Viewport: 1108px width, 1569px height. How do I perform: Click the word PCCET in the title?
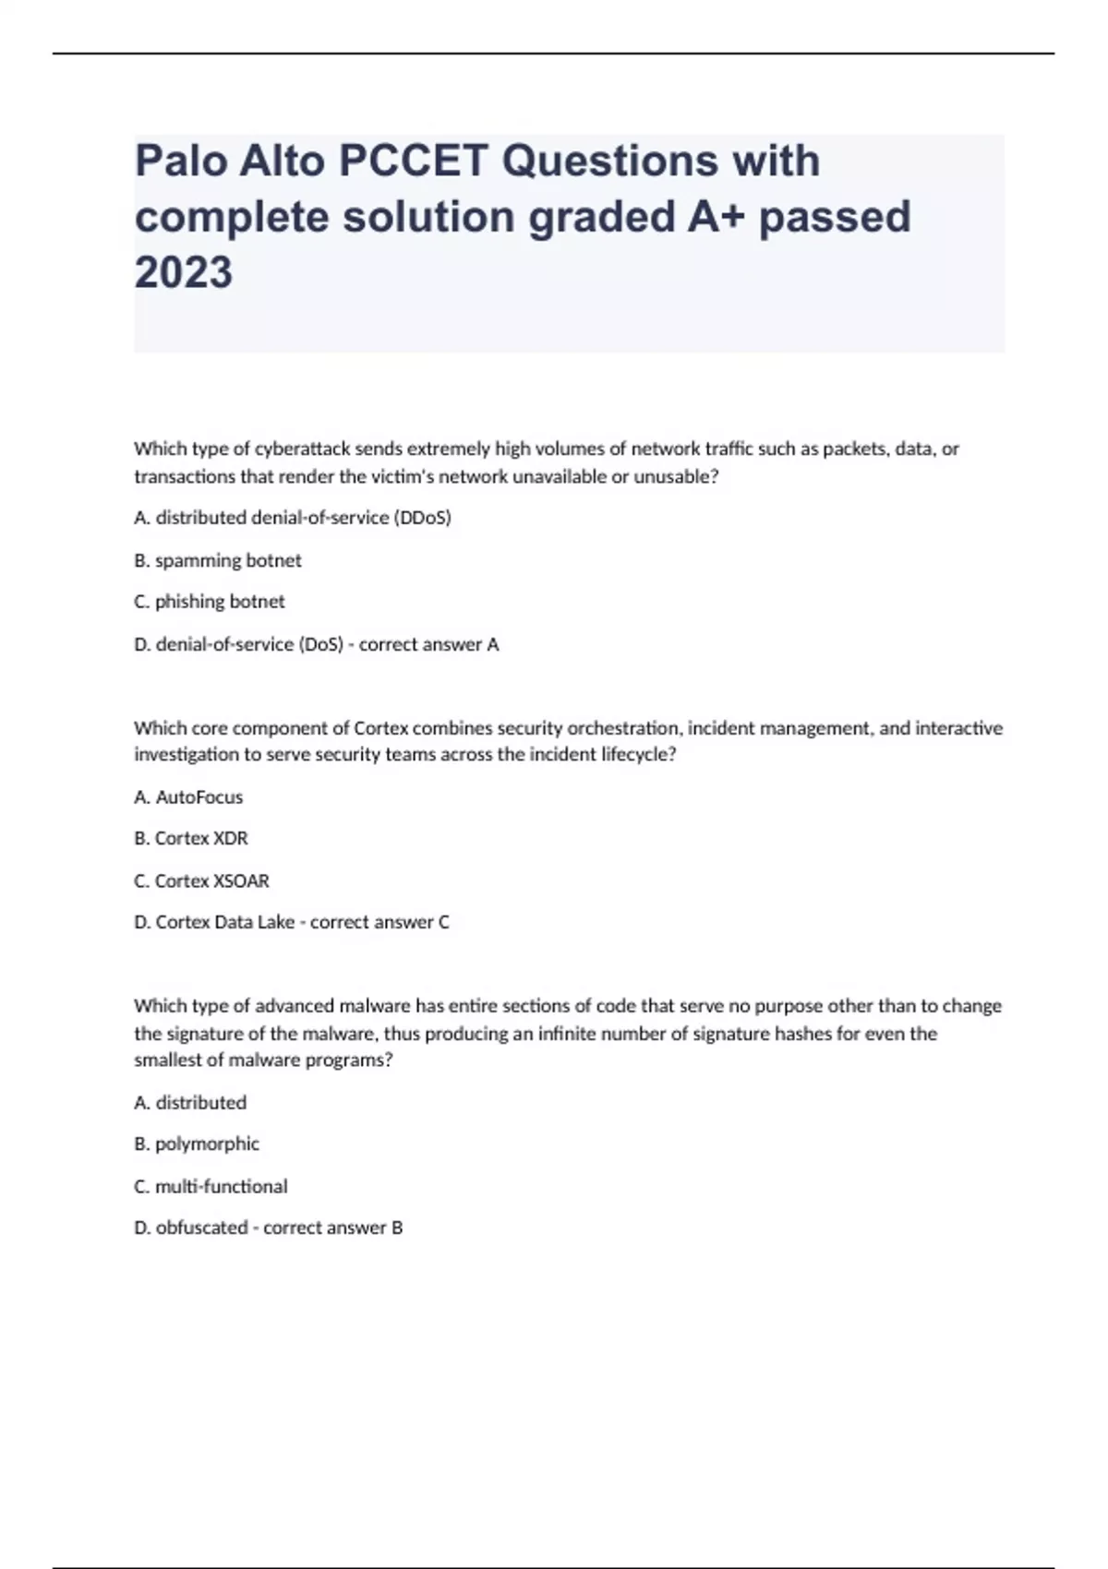(413, 162)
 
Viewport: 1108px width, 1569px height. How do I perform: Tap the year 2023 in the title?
(184, 272)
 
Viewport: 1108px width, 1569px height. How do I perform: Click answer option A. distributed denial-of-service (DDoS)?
(293, 518)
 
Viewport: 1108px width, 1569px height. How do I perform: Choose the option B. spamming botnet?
(218, 560)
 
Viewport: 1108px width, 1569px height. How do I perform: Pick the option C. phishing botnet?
(210, 602)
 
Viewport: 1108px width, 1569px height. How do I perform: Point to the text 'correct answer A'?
(428, 644)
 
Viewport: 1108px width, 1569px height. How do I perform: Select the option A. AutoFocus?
(188, 796)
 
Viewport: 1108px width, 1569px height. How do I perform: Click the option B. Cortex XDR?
(191, 838)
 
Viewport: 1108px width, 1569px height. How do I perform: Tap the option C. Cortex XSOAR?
(201, 880)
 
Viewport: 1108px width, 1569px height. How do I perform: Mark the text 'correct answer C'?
(379, 922)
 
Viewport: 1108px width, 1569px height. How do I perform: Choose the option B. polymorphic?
(197, 1144)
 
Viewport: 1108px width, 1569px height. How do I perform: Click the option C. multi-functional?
(211, 1186)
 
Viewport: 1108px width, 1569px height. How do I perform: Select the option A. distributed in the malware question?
(190, 1102)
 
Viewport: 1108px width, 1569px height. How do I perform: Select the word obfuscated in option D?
(201, 1228)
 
